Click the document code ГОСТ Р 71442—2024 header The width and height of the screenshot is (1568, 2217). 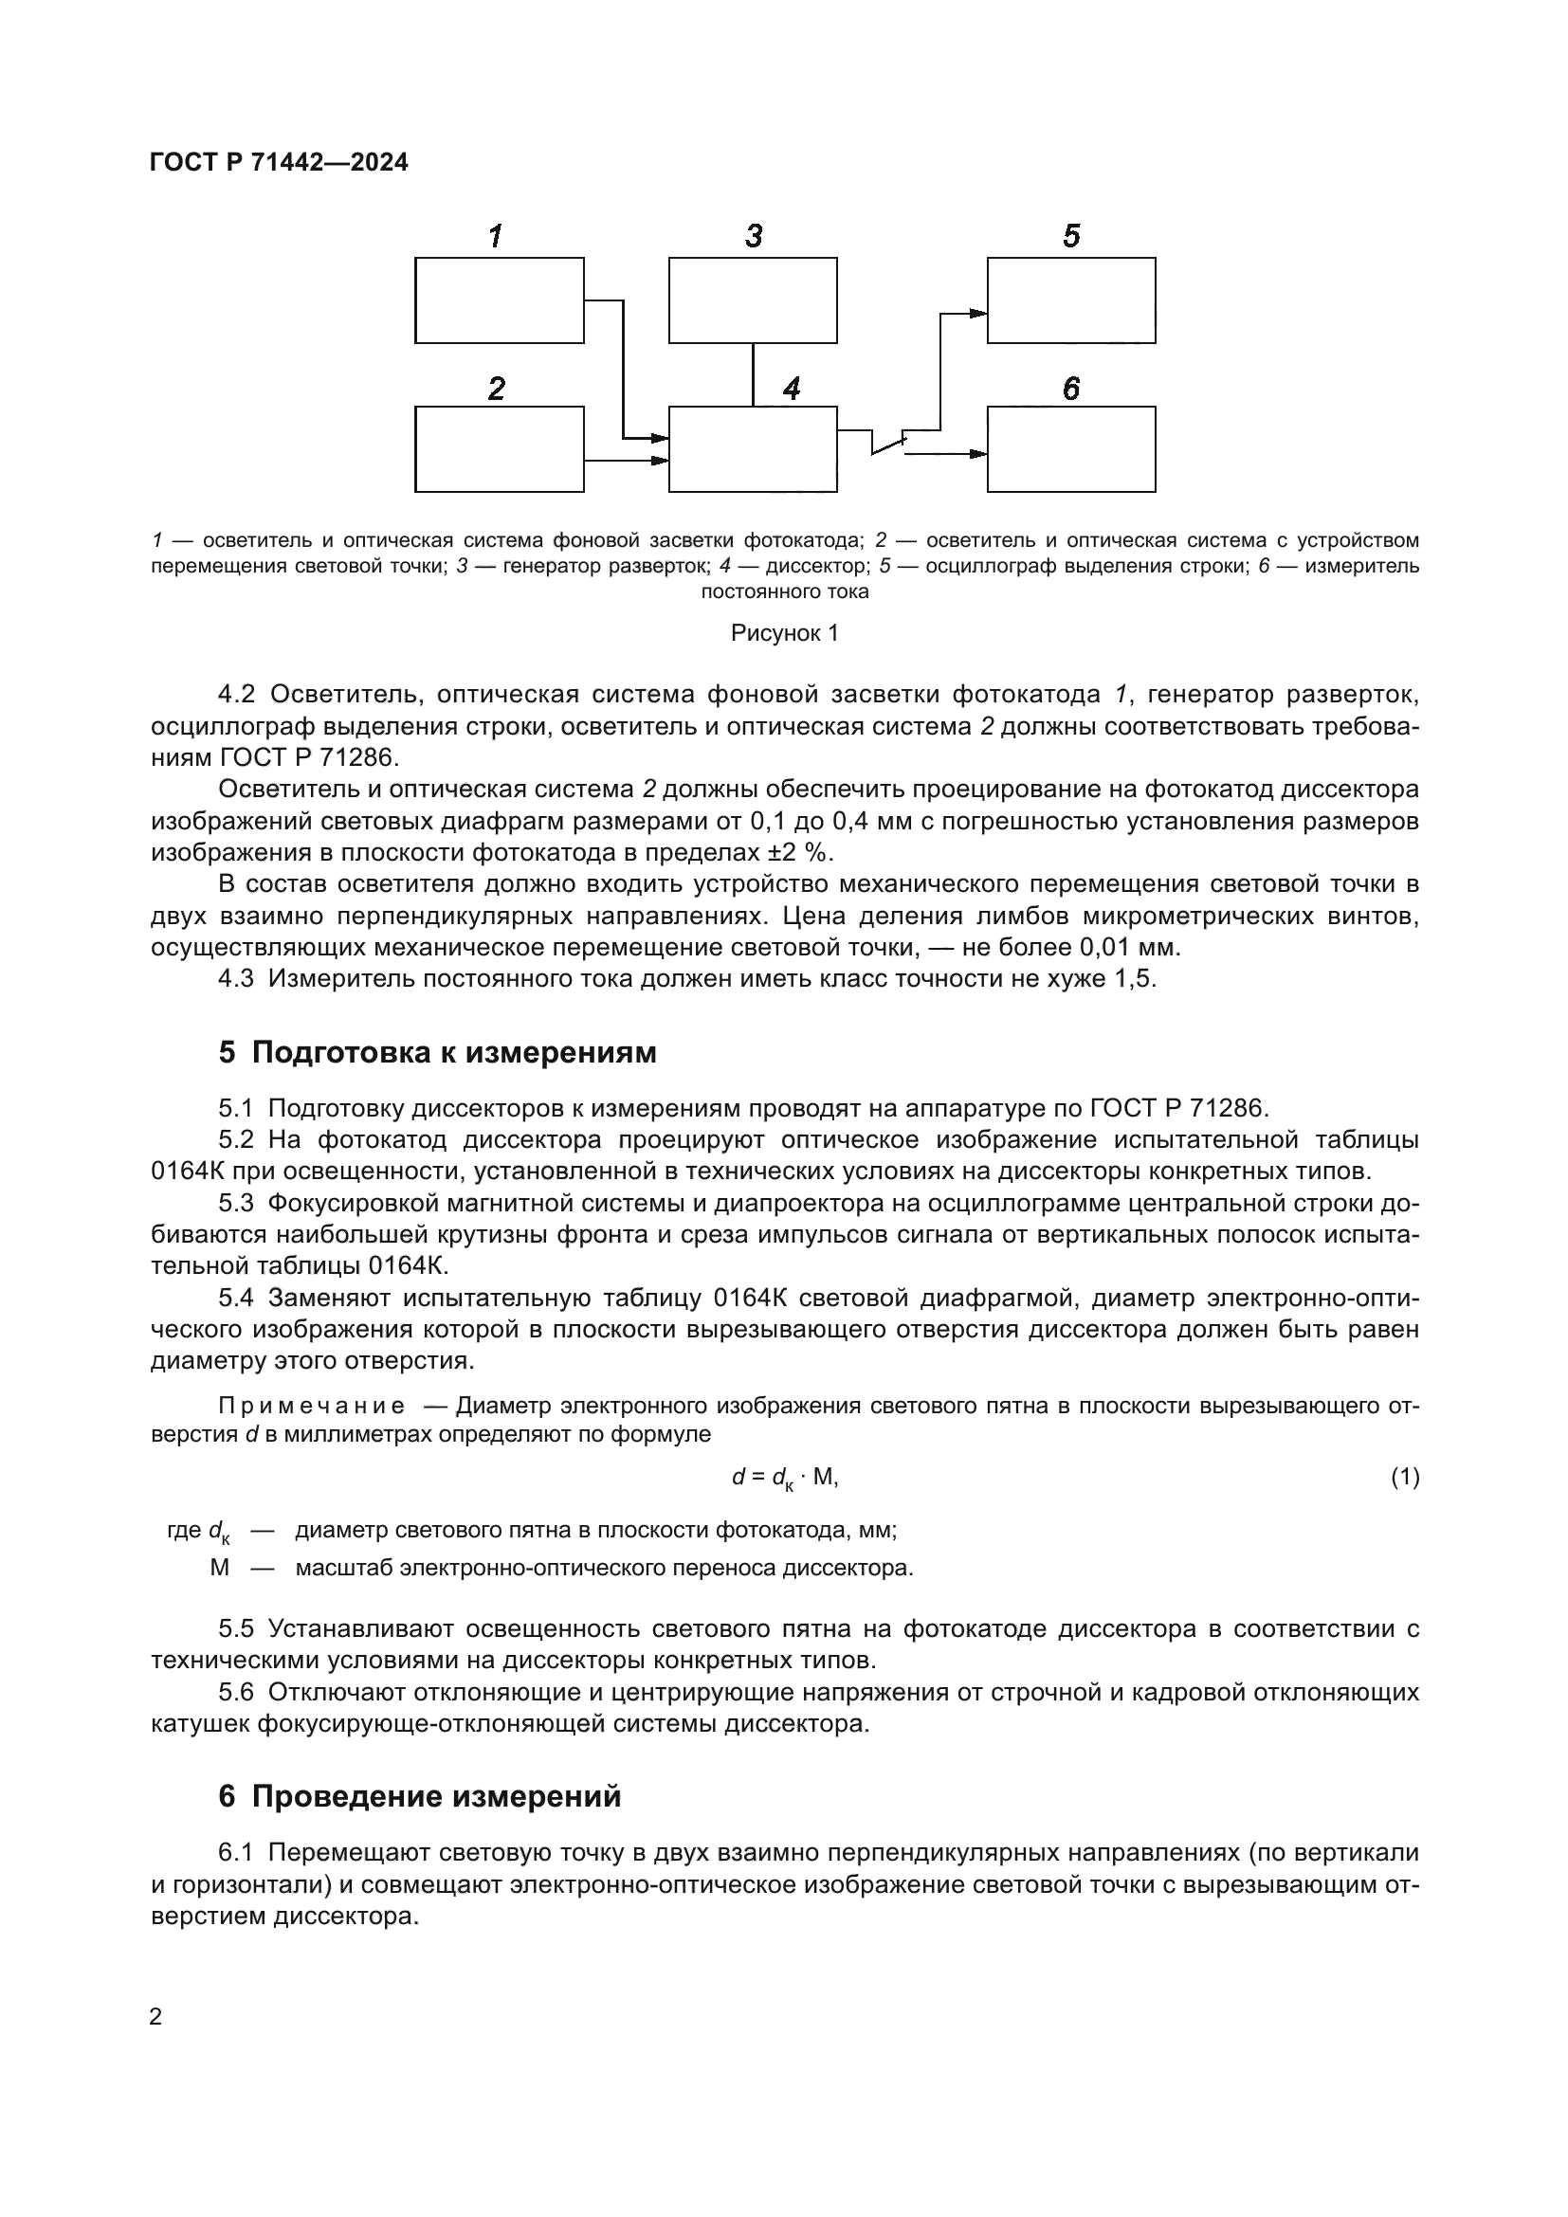click(x=279, y=162)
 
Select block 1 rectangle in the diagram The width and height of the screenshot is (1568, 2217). click(x=500, y=300)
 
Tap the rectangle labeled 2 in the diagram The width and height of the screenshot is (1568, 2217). click(x=500, y=449)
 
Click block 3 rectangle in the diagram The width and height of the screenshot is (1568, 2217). click(x=752, y=300)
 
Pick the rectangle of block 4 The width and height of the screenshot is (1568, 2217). click(x=752, y=449)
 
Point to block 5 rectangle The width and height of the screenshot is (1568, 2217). click(x=1070, y=300)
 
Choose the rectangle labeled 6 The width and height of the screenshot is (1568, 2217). click(x=1070, y=449)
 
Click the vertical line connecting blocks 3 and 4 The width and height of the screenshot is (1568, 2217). click(x=753, y=374)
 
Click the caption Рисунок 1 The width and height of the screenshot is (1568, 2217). click(x=784, y=633)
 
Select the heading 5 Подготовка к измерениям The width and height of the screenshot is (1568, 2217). click(x=437, y=1052)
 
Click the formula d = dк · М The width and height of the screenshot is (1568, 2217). click(x=784, y=1478)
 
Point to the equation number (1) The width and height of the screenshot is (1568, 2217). click(x=1405, y=1477)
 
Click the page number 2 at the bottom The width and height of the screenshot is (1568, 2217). click(x=155, y=2017)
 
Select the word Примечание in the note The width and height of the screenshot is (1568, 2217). click(x=311, y=1406)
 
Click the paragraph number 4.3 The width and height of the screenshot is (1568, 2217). click(x=236, y=979)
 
